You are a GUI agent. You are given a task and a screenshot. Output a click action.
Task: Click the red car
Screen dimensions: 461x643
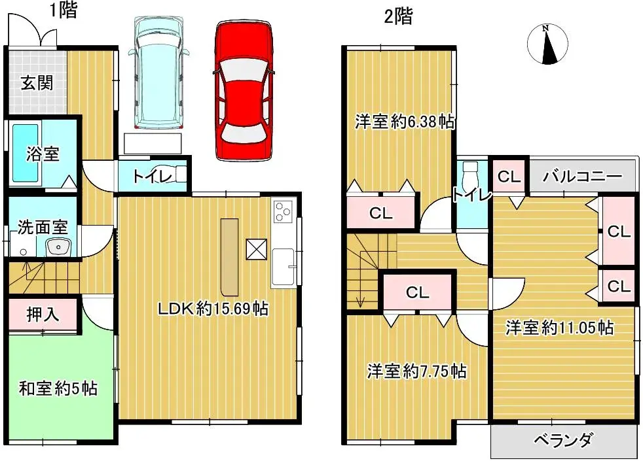[x=242, y=92]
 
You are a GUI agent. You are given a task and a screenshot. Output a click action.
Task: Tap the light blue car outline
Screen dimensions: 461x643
[x=159, y=72]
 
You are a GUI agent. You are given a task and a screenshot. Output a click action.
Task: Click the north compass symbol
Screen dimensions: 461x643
[x=547, y=45]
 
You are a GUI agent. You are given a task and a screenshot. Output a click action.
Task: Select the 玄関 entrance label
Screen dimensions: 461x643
[x=36, y=84]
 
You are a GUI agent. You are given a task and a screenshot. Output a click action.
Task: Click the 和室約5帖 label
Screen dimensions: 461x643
[x=58, y=389]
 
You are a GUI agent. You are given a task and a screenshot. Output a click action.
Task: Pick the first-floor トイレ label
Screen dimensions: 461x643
[x=153, y=176]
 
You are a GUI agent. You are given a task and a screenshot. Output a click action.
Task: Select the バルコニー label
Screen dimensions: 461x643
[x=581, y=177]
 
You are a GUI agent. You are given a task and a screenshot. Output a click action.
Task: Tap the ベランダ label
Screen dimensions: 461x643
[x=562, y=439]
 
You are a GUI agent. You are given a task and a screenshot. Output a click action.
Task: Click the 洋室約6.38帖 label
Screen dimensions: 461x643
[x=405, y=122]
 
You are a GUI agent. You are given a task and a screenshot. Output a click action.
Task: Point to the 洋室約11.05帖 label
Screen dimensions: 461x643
[x=559, y=327]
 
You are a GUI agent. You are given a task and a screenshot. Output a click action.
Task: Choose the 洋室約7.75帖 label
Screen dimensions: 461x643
[x=416, y=371]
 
